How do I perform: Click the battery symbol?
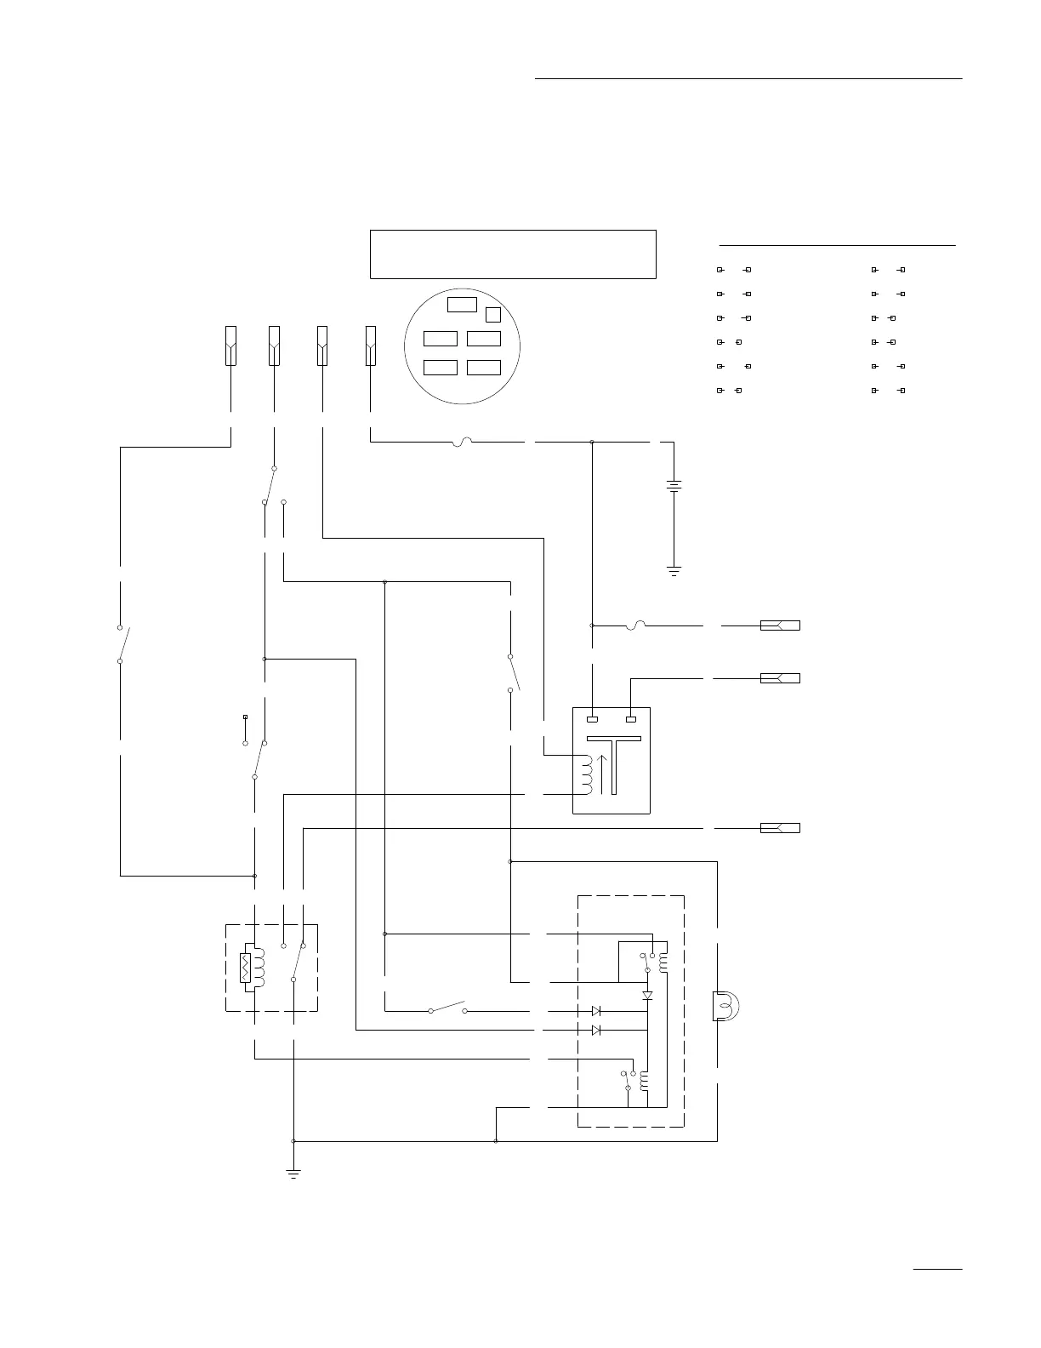click(x=674, y=488)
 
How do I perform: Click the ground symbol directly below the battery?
click(x=674, y=571)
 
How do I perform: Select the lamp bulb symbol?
click(x=725, y=1006)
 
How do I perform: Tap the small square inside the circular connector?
click(x=492, y=315)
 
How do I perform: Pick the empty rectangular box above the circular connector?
click(x=513, y=254)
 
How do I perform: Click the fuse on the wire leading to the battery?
click(x=464, y=442)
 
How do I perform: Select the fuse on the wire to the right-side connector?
click(x=635, y=625)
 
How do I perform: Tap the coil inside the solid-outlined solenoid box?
click(x=585, y=774)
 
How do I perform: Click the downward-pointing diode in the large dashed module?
click(x=647, y=995)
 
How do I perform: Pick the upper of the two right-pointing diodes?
click(x=596, y=1011)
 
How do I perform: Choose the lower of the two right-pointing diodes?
click(x=596, y=1030)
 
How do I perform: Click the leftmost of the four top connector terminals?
click(x=230, y=346)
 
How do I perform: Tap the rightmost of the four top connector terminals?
click(x=371, y=346)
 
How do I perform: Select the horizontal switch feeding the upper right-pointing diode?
click(x=448, y=1009)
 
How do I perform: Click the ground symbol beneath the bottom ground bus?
click(x=293, y=1174)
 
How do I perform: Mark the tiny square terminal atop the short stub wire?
click(x=245, y=717)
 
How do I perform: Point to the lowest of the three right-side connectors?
click(x=779, y=828)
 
